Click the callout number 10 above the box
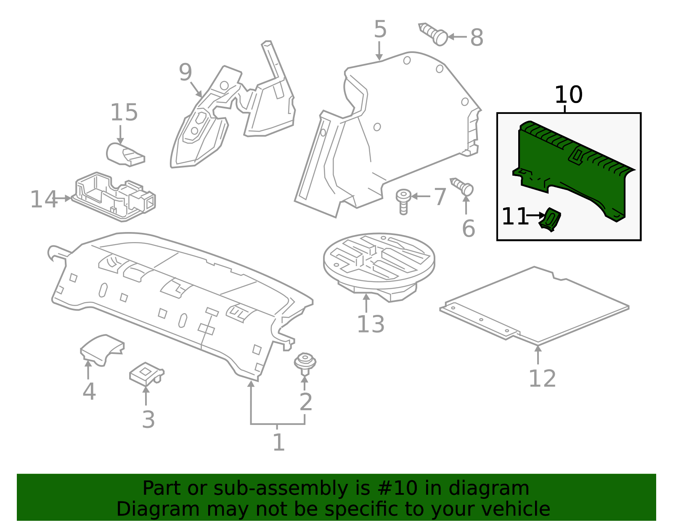(568, 95)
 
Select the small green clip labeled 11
(550, 220)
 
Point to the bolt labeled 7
(403, 201)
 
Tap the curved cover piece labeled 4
(102, 348)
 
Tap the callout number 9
(185, 72)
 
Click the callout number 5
(380, 30)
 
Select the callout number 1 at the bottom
(278, 443)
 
